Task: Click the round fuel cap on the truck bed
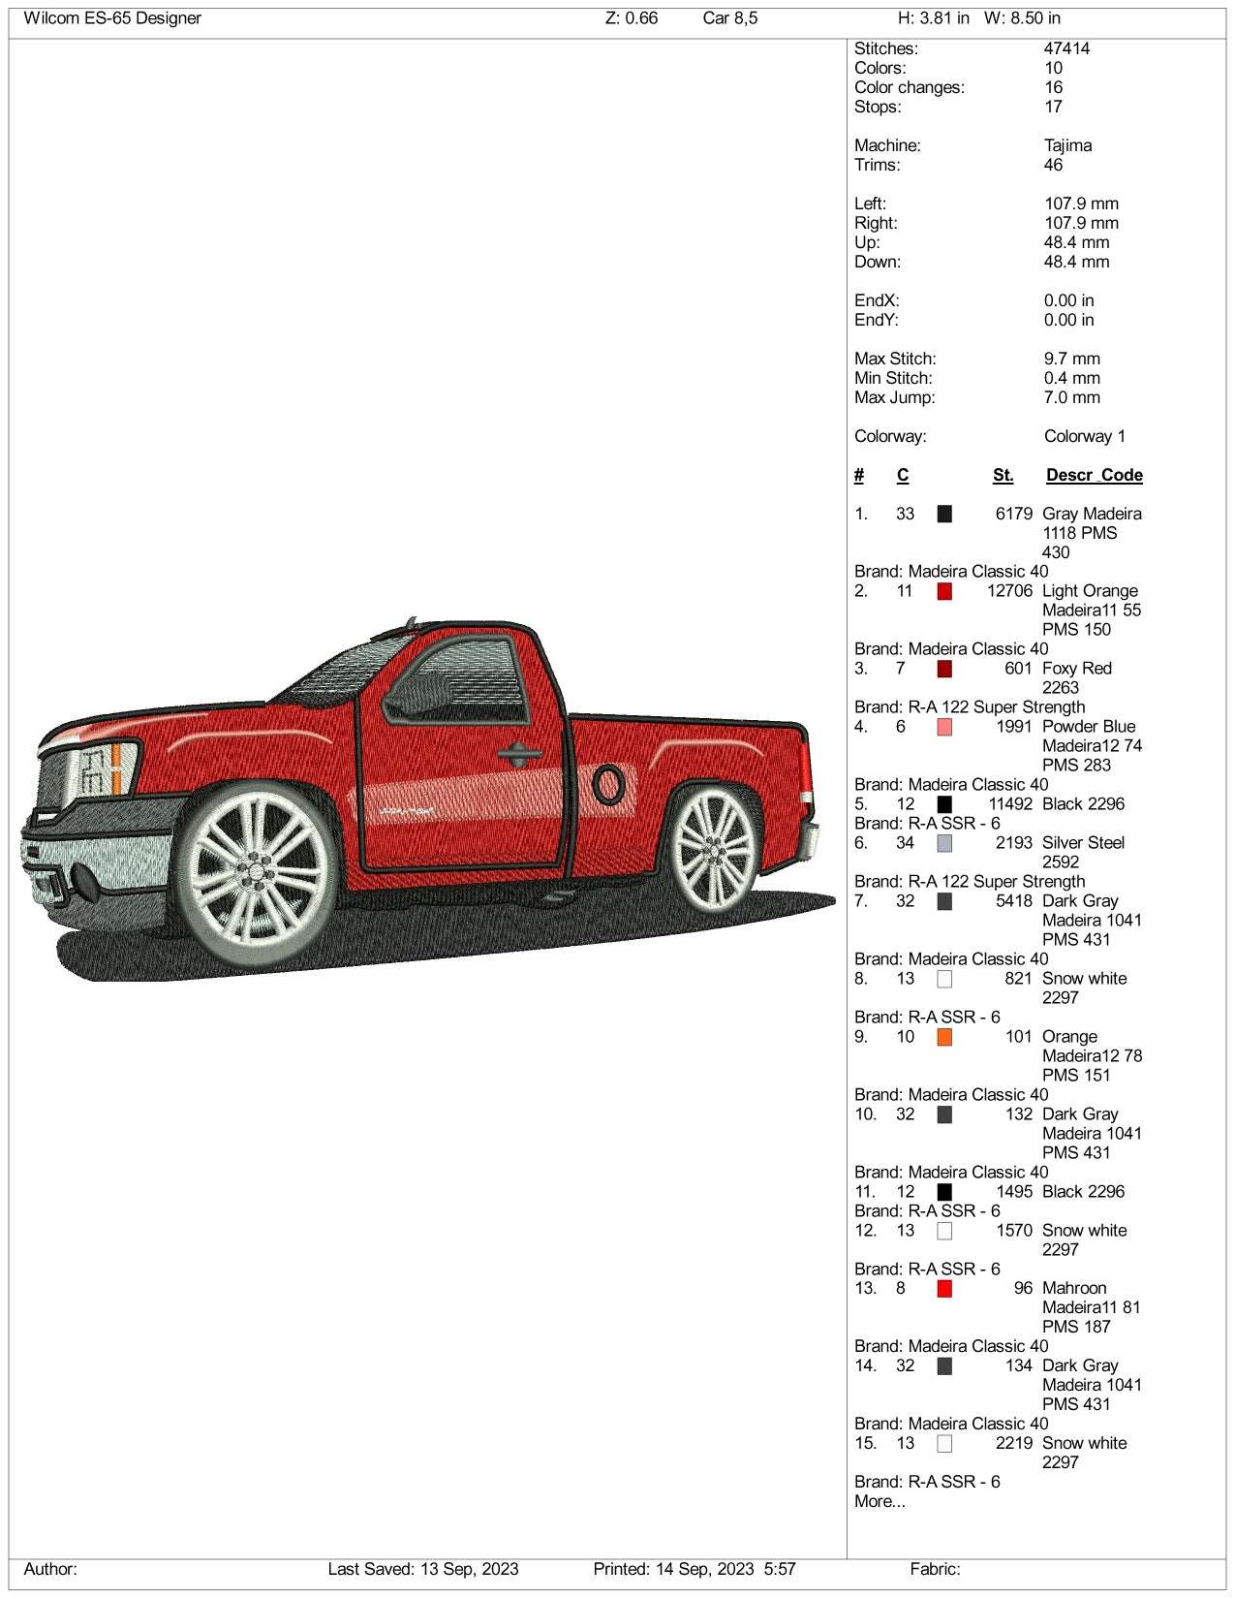tap(607, 784)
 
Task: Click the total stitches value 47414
tap(1066, 48)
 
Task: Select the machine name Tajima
tap(1067, 145)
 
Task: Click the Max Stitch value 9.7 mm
tap(1071, 359)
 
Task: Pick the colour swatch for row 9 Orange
tap(944, 1037)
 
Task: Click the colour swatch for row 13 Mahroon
tap(944, 1289)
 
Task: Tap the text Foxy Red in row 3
tap(1076, 669)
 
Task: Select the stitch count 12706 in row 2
tap(1009, 591)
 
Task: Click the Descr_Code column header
tap(1094, 475)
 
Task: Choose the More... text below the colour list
tap(880, 1501)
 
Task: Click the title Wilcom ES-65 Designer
tap(112, 18)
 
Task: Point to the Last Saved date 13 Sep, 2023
tap(422, 1569)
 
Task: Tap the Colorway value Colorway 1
tap(1084, 436)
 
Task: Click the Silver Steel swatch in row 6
tap(944, 843)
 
